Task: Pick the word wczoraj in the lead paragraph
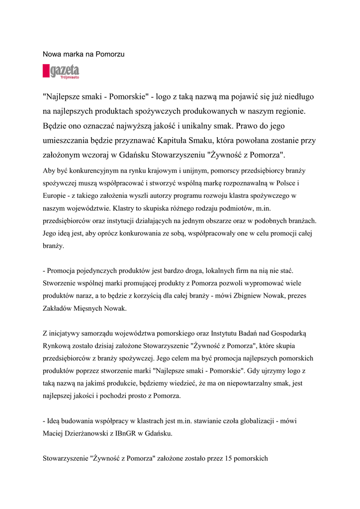109,155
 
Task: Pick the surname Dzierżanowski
91,433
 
